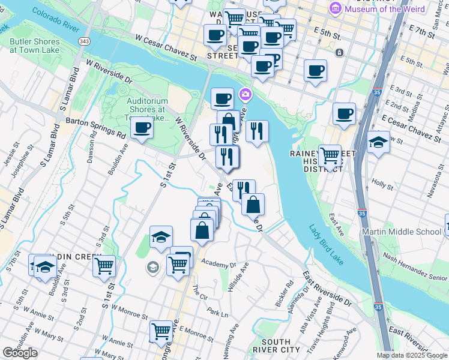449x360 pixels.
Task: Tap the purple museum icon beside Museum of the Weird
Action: tap(336, 8)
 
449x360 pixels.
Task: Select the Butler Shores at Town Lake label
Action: tap(34, 46)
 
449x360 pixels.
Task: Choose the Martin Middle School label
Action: tap(401, 232)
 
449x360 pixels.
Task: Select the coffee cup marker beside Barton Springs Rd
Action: tap(142, 128)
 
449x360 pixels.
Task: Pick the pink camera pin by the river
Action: tap(245, 94)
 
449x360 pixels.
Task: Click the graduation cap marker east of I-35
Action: tap(378, 143)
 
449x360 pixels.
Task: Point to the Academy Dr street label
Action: tap(220, 263)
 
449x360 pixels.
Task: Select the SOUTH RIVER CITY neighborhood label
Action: tap(277, 345)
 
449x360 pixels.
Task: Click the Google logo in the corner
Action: tap(20, 353)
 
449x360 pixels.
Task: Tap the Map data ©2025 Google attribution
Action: tap(412, 355)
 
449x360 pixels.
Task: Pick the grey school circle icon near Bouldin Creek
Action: tap(152, 268)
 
